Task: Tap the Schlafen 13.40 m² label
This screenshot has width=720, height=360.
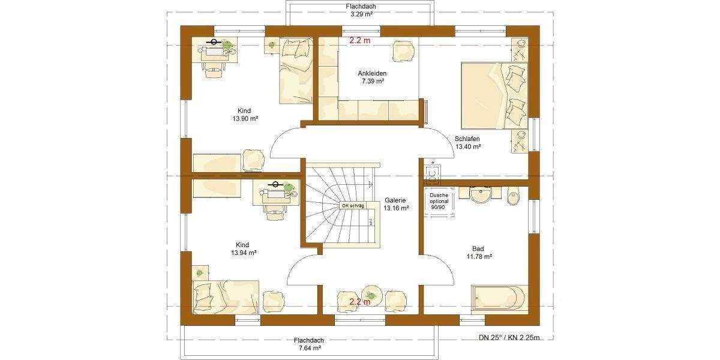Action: pos(467,142)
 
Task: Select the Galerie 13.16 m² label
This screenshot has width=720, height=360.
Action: pos(396,204)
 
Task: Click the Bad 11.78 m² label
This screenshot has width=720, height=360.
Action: pos(479,253)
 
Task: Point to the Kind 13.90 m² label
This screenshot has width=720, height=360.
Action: pos(244,115)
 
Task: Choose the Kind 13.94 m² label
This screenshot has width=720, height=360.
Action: pos(243,249)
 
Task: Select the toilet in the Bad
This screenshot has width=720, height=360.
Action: pos(514,197)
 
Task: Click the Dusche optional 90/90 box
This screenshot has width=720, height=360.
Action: pos(437,201)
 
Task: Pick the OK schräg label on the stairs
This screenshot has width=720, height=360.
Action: pos(353,206)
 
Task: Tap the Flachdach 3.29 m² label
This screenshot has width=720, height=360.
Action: pos(361,9)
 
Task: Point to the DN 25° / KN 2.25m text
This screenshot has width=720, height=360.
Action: pos(509,338)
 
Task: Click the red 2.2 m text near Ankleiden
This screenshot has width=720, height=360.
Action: pos(360,41)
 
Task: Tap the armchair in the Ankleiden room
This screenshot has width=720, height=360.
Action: pos(403,50)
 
